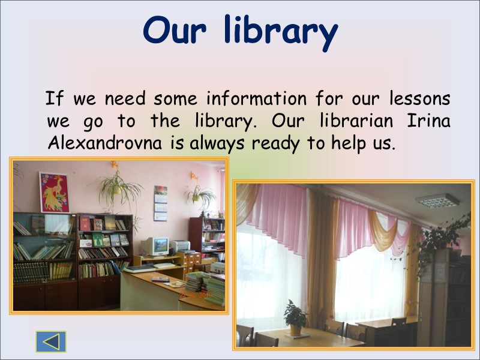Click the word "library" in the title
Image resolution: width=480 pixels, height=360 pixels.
(x=280, y=31)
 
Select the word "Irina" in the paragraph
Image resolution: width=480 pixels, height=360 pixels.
(x=429, y=121)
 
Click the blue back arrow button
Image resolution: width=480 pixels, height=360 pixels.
(x=51, y=341)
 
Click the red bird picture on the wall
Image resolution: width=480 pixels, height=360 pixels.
(x=54, y=192)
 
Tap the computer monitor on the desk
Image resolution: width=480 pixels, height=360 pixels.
(x=157, y=245)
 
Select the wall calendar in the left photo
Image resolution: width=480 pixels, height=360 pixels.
(x=161, y=203)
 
